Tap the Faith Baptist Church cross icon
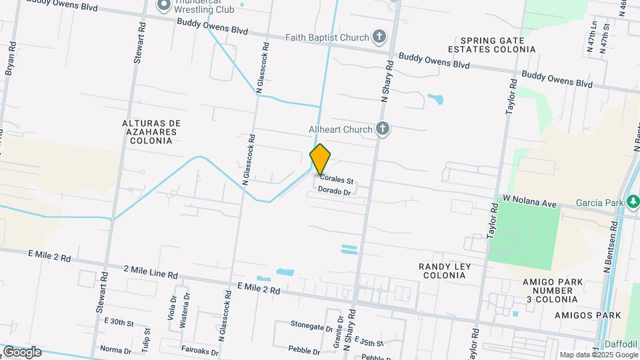click(x=379, y=36)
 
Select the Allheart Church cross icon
click(x=382, y=128)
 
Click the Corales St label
click(x=335, y=179)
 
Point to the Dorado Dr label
click(x=335, y=191)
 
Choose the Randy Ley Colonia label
click(x=445, y=271)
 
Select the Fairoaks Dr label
click(x=199, y=349)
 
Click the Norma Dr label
click(x=115, y=349)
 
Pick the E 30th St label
click(x=119, y=322)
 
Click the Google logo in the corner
click(x=21, y=352)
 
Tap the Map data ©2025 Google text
click(x=598, y=355)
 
